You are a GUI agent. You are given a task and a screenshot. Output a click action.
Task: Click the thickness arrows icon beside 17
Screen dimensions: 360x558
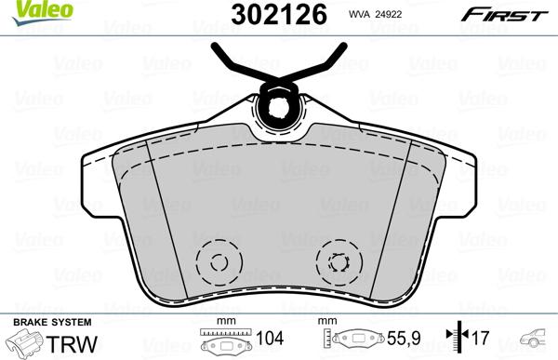point(456,340)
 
